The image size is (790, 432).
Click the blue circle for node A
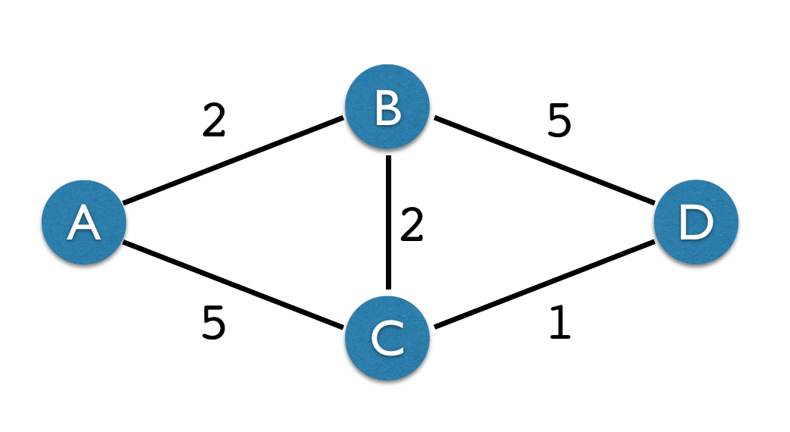tap(83, 223)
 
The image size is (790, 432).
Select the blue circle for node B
tap(387, 107)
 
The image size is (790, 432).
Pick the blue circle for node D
tap(695, 223)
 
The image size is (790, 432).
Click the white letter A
tap(83, 224)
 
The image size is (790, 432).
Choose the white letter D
tap(695, 224)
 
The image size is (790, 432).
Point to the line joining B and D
tap(542, 160)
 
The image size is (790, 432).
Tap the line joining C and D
tap(542, 286)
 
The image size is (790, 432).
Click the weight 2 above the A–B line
tap(214, 121)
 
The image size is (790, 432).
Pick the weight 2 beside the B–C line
tap(411, 226)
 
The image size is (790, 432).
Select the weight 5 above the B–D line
tap(559, 121)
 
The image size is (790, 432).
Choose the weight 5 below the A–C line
tap(214, 324)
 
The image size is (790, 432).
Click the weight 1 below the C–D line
tap(559, 324)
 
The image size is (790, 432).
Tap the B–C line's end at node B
tap(388, 158)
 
